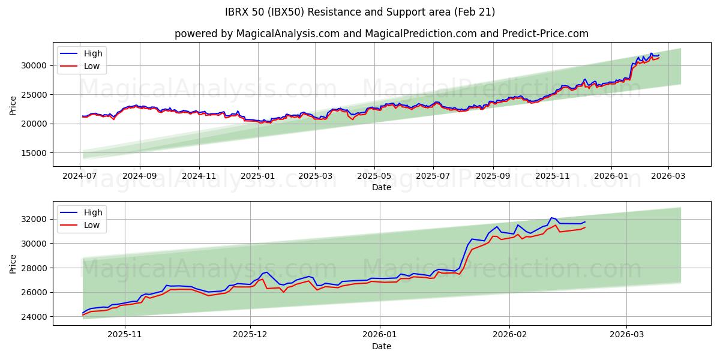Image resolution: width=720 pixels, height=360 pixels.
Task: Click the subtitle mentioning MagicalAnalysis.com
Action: [381, 34]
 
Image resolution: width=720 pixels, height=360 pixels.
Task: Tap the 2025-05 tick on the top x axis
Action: [375, 176]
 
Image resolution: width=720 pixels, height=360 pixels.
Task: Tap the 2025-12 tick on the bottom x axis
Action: [250, 335]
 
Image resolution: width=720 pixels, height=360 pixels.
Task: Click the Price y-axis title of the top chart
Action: [13, 105]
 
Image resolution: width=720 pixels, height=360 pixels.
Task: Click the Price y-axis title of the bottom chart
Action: [13, 263]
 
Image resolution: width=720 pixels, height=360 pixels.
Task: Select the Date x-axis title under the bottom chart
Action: [381, 346]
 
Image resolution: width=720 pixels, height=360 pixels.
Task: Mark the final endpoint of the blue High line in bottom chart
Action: [585, 221]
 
